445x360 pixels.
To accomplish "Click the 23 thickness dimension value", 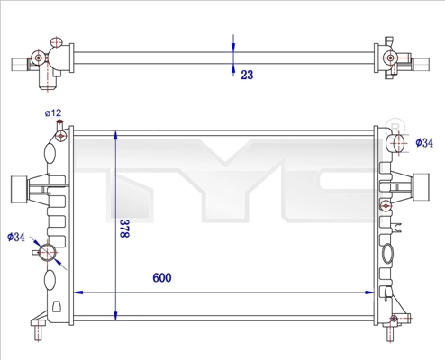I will coord(246,76).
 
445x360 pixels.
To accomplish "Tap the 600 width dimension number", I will coord(161,278).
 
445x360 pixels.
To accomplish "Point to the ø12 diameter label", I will coord(53,113).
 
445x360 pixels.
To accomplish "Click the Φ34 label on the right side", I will coord(423,142).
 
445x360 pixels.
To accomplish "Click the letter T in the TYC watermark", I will coord(135,171).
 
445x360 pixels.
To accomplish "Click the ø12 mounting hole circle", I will coord(60,136).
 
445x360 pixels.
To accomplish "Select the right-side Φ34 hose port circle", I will coord(397,141).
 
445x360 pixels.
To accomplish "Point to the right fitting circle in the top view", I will coord(390,59).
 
